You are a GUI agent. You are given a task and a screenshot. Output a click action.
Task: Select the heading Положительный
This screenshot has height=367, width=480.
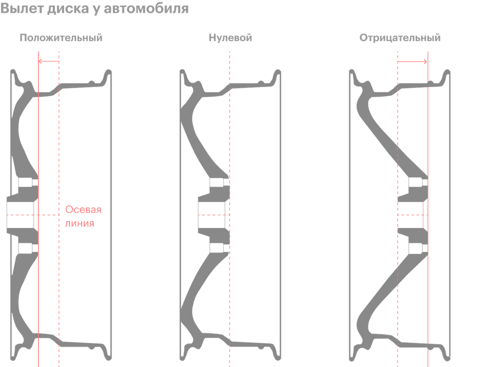coord(61,38)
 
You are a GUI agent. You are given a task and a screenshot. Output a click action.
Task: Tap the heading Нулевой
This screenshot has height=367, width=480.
coord(231,38)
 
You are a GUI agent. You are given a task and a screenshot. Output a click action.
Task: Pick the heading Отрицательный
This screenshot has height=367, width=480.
coord(400,38)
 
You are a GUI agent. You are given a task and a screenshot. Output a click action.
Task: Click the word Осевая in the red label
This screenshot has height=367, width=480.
coord(84,210)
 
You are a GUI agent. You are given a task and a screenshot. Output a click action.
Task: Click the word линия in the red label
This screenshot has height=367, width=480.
coord(80,223)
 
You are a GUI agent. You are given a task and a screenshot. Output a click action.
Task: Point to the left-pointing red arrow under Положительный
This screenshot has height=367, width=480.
coord(49,61)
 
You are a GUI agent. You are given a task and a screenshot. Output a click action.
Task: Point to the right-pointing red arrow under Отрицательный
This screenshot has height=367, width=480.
coord(412,61)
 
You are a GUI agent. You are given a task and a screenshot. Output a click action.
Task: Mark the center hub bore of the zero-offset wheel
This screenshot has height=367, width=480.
coord(212,215)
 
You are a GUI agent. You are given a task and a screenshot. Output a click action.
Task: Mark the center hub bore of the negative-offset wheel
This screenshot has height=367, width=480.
coord(412,215)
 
